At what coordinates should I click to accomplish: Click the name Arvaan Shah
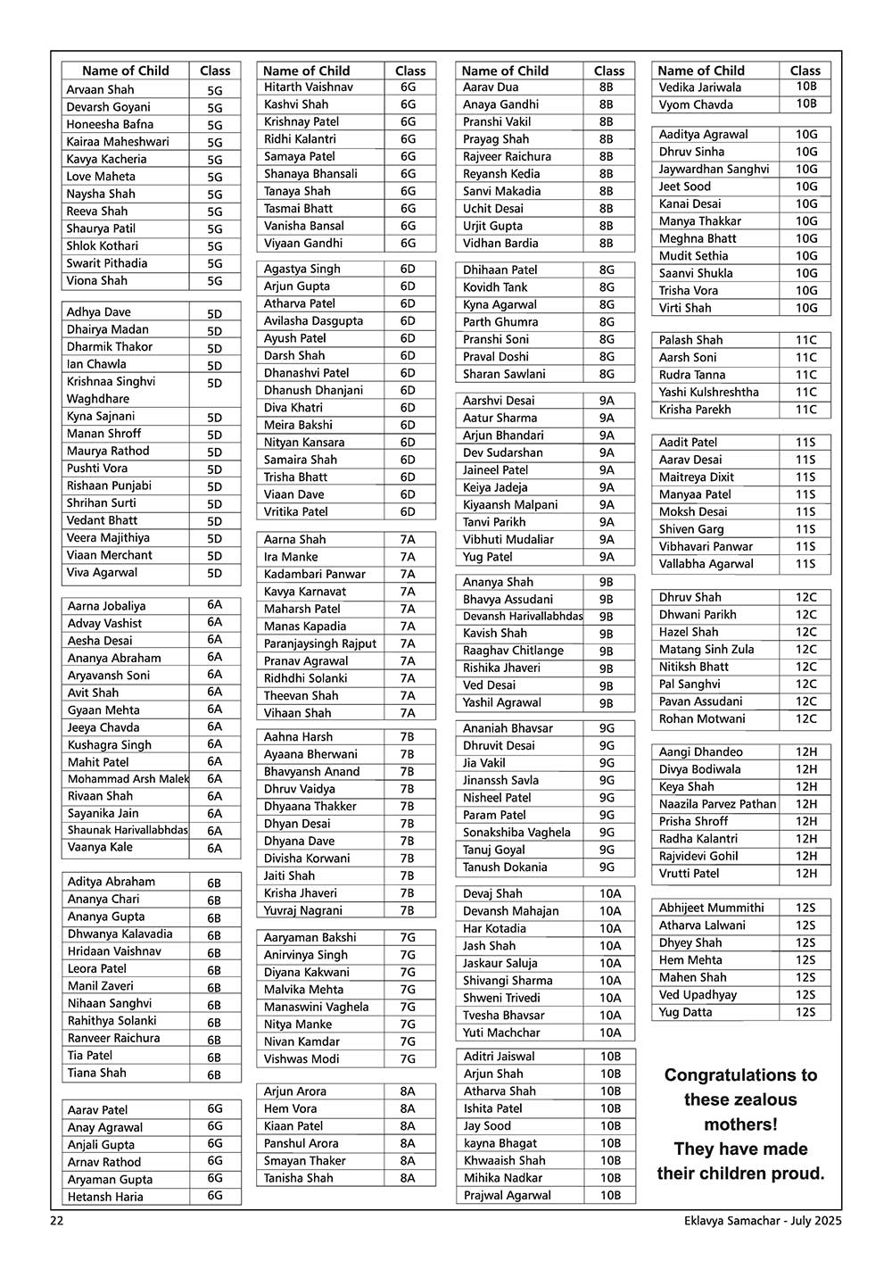coord(100,89)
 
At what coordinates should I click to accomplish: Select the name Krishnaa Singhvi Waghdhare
coord(111,390)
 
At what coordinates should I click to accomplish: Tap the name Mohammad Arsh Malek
coord(128,779)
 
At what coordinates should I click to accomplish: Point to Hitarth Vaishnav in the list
coord(309,87)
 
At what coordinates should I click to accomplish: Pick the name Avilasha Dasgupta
coord(313,321)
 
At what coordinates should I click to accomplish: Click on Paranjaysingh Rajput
coord(320,643)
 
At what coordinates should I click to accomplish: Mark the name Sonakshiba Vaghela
coord(516,833)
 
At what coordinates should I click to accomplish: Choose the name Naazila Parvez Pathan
coord(717,804)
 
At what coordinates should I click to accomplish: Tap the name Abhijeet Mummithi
coord(711,908)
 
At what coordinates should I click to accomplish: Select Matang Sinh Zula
coord(706,650)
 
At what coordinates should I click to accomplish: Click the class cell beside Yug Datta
coord(805,1012)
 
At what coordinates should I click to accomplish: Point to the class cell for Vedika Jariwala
coord(805,87)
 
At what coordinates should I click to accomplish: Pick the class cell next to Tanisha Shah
coord(408,1178)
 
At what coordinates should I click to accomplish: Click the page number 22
coord(57,1222)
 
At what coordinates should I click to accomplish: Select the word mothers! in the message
coord(740,1124)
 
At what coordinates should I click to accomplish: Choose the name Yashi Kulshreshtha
coord(709,392)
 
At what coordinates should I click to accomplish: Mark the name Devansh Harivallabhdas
coord(523,617)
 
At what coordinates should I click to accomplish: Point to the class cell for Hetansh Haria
coord(214,1196)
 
